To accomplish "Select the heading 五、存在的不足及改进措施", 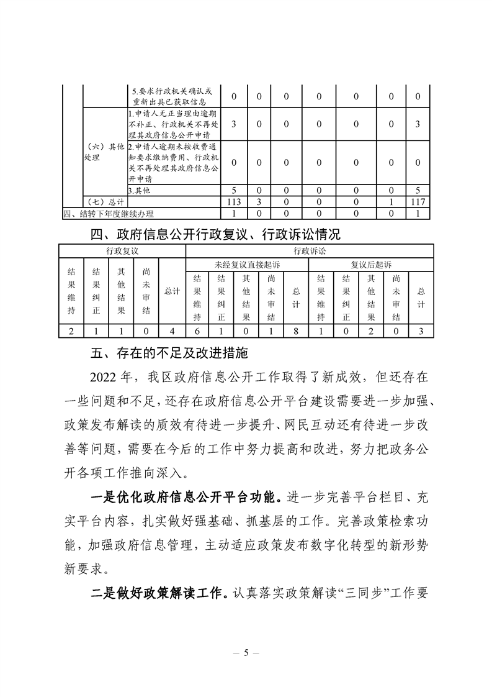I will click(169, 353).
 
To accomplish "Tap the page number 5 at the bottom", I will click(246, 652).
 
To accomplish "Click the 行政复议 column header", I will click(122, 251).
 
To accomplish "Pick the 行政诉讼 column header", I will click(310, 251).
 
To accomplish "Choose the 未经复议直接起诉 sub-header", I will click(248, 265).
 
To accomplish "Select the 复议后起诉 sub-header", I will click(372, 265).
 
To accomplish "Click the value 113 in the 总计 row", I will click(235, 202).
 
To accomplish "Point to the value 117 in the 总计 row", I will click(418, 202).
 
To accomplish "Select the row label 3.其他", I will click(139, 190).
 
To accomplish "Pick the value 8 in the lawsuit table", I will click(297, 330).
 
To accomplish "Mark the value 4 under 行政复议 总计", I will click(172, 330).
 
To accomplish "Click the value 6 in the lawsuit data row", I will click(197, 330).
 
